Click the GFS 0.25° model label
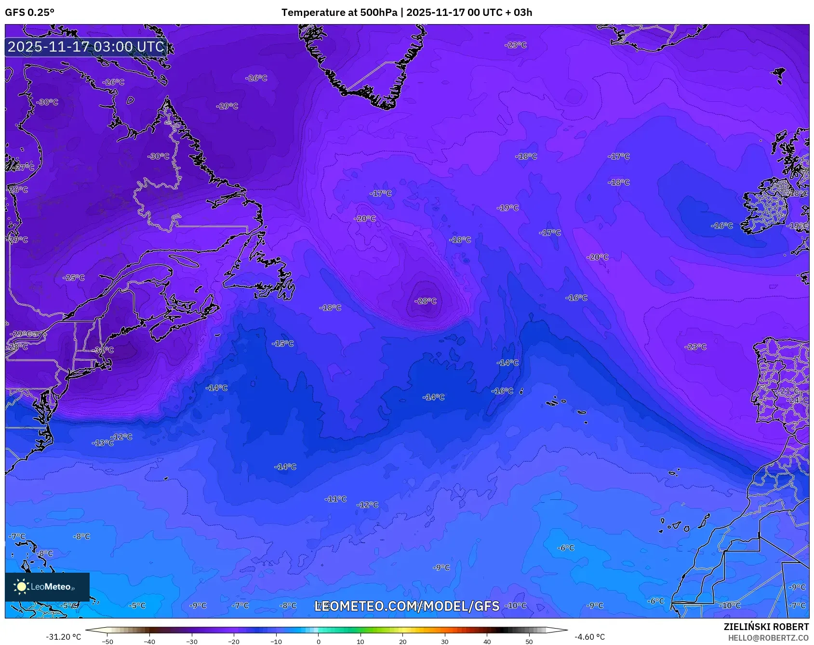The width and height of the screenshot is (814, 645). point(29,13)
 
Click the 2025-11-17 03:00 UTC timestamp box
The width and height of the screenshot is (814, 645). point(86,47)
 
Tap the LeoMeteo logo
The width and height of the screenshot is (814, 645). point(47,587)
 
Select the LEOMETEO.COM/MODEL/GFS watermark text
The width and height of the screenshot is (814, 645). point(407,606)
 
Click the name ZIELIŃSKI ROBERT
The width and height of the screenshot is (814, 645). point(766,627)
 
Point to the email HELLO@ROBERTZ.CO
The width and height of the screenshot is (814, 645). point(768,638)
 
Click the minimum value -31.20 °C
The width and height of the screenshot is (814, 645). point(63,637)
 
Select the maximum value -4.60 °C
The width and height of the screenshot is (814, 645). point(589,637)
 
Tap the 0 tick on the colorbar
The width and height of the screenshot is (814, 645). point(318,642)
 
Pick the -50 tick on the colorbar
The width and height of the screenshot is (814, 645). point(107,642)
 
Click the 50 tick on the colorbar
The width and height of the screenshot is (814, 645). point(529,642)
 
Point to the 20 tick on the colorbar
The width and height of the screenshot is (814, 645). point(402,642)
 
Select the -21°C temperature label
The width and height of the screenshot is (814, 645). point(789,390)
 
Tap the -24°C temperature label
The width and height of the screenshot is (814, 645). point(798,400)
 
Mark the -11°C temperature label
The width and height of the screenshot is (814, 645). point(335,499)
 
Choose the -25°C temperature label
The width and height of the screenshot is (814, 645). point(74,278)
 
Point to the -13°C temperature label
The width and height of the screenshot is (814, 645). point(103,443)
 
